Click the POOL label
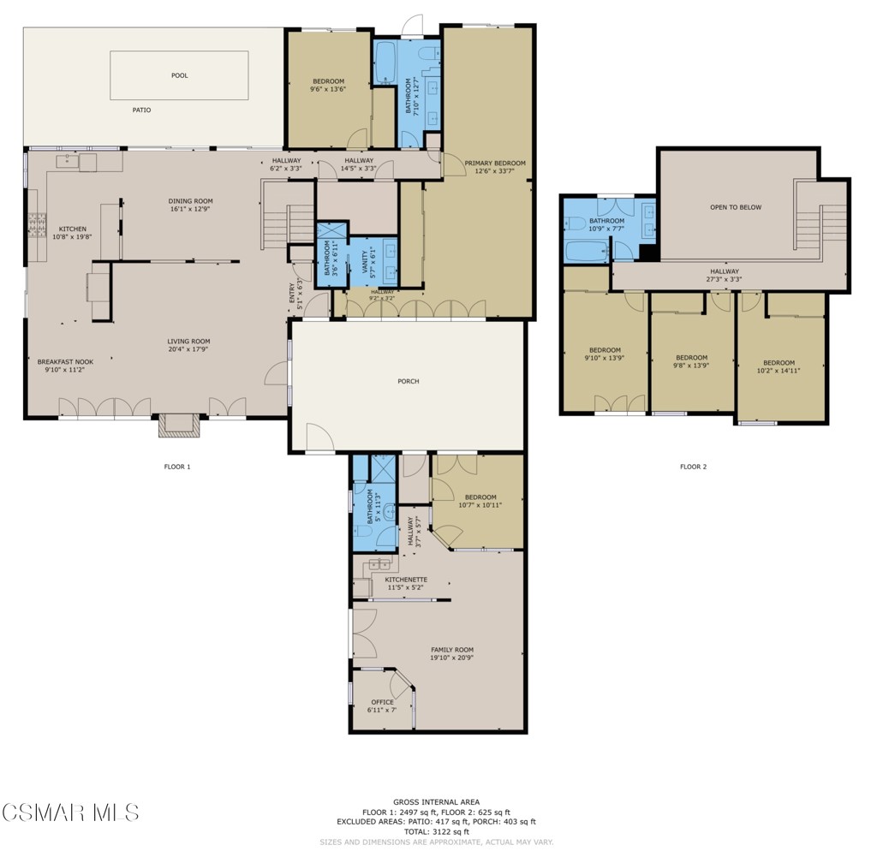click(x=179, y=75)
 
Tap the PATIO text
click(x=141, y=110)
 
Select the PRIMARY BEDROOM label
click(x=495, y=163)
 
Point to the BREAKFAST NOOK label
click(x=65, y=362)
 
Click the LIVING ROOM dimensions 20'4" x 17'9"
click(x=188, y=349)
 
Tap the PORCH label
click(x=409, y=381)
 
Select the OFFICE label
click(x=382, y=702)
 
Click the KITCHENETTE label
click(x=406, y=580)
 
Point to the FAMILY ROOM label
click(x=451, y=650)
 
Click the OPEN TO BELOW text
click(x=735, y=207)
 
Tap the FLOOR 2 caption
click(x=693, y=467)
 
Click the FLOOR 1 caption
click(x=176, y=467)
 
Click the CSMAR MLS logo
click(x=70, y=812)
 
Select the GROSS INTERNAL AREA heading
click(x=436, y=802)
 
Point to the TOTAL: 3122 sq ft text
click(x=437, y=831)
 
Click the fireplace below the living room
click(x=179, y=425)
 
